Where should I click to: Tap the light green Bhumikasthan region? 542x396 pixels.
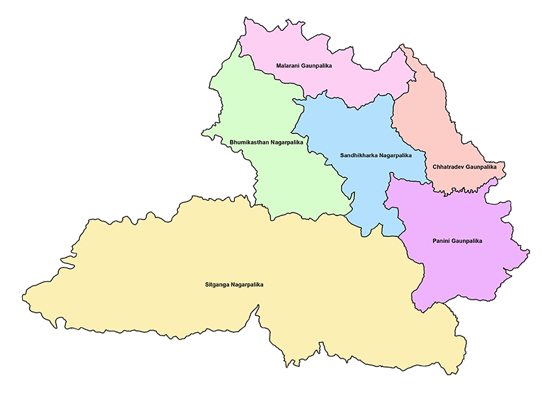tap(278, 174)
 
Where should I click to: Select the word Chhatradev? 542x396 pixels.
tap(450, 167)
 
